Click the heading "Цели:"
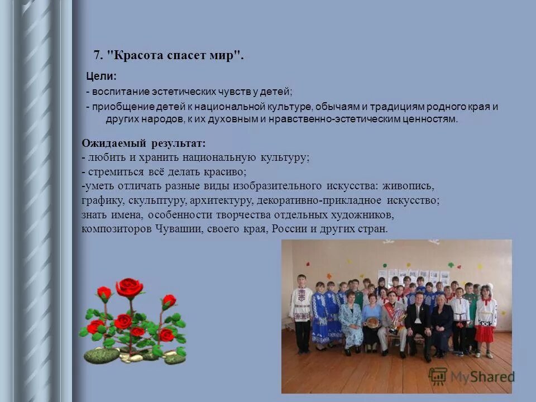(100, 76)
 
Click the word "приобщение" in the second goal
(119, 107)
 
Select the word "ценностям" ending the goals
(433, 119)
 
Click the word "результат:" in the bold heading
(178, 143)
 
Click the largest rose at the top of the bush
(129, 287)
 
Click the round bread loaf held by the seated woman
(371, 322)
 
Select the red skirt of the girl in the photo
(484, 334)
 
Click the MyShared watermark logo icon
(437, 377)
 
